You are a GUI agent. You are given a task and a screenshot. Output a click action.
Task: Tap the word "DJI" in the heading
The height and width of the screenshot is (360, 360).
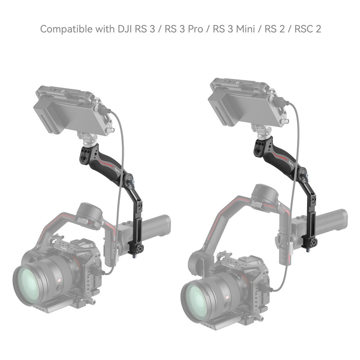point(122,29)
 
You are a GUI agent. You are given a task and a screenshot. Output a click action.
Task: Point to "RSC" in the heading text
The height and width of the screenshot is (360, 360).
point(302,29)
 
